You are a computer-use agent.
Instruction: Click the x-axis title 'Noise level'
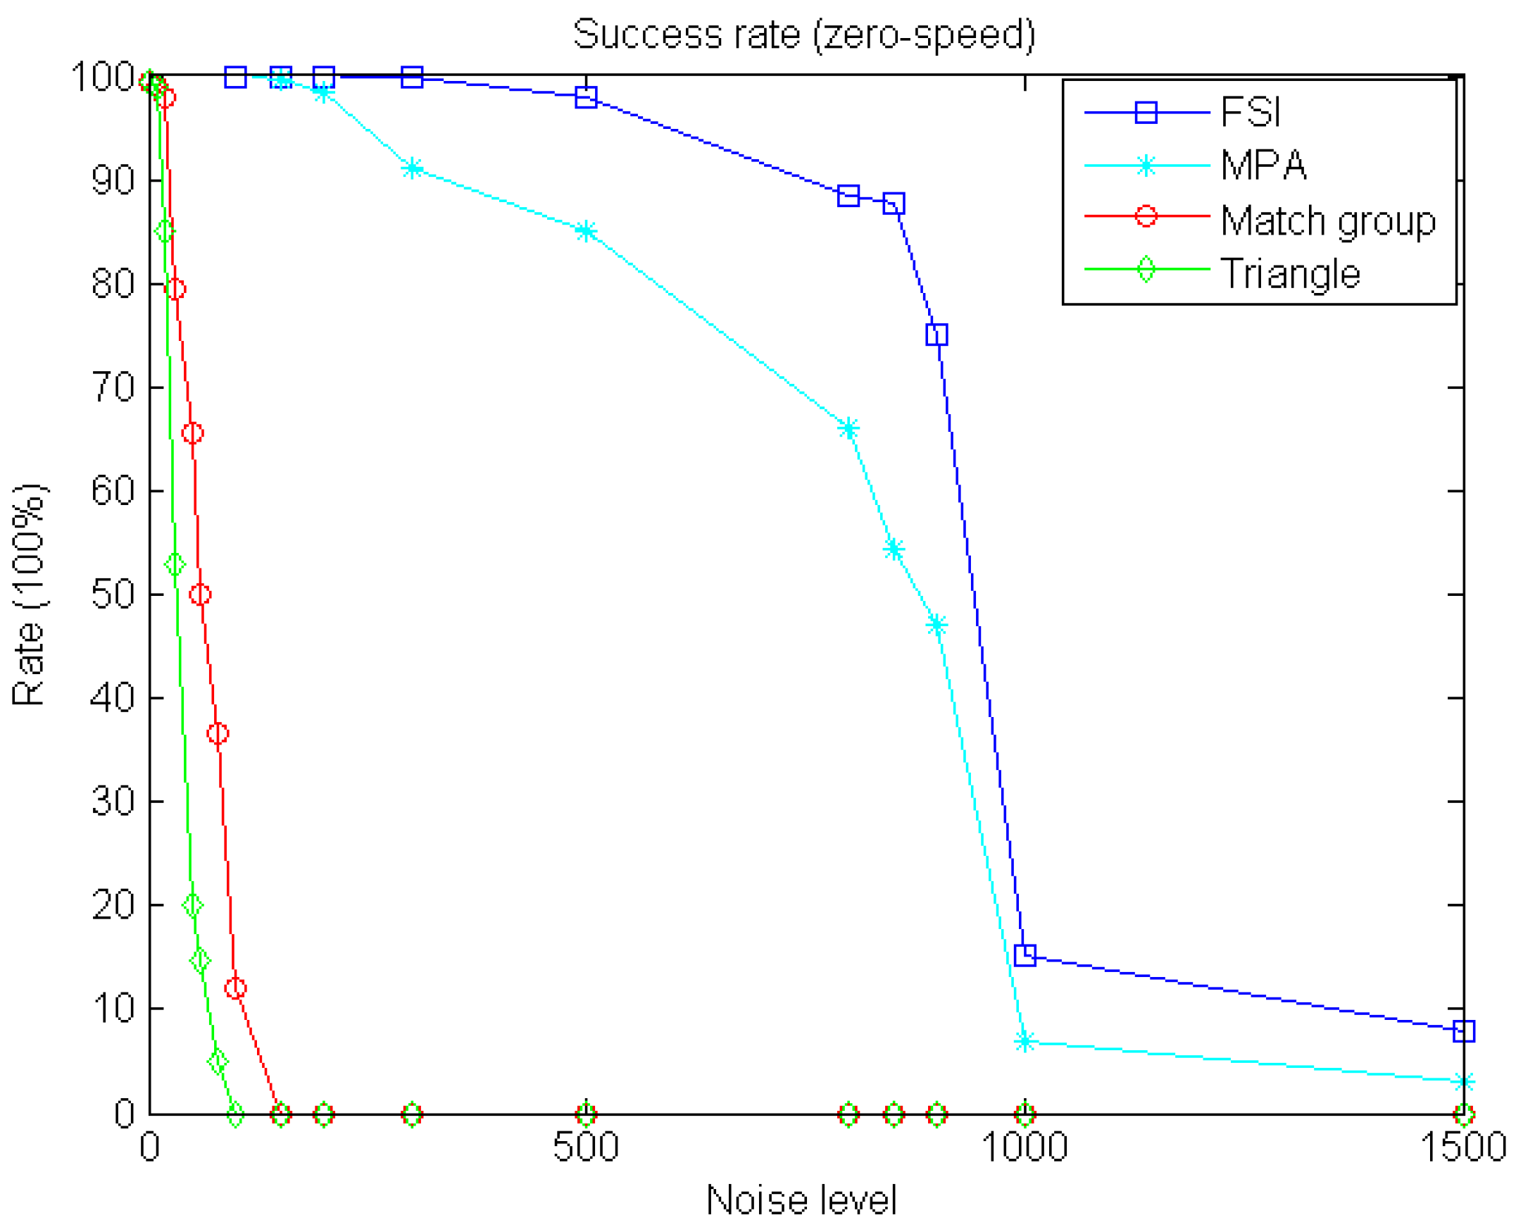801,1199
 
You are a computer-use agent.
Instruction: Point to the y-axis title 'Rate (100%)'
29,595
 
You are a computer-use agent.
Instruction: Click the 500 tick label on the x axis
585,1147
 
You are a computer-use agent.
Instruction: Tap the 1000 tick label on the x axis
1025,1147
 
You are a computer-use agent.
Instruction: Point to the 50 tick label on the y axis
113,594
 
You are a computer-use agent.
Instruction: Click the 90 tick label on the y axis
113,180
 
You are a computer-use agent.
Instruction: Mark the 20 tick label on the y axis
113,905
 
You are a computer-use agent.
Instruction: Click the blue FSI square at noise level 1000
1025,956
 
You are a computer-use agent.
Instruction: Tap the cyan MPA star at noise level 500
586,231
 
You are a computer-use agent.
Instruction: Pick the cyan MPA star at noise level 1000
1025,1042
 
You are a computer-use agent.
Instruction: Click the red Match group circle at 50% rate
200,595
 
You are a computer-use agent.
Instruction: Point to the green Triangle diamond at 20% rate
192,905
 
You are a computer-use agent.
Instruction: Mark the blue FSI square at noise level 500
586,97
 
